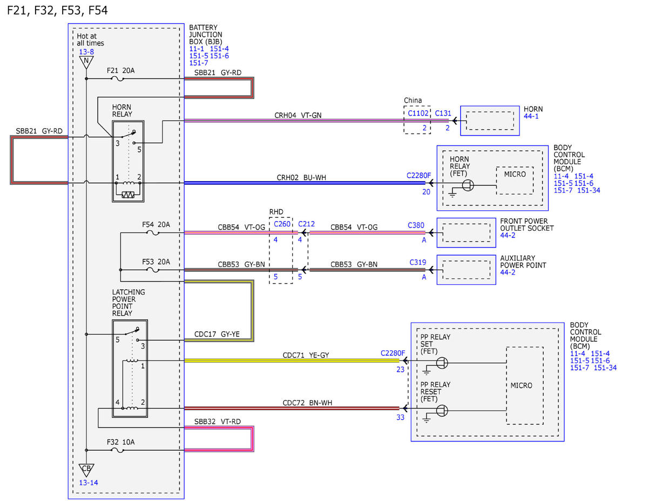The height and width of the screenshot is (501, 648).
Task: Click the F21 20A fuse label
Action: point(120,70)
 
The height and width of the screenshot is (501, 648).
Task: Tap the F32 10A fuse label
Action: point(120,442)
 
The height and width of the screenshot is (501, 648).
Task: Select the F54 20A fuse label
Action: point(156,224)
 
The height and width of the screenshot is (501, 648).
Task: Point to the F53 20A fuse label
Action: point(156,262)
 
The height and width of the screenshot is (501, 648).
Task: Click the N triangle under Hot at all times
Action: point(86,62)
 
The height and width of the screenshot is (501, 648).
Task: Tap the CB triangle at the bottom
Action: point(86,470)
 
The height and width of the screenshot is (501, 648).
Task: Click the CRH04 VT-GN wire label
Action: point(298,115)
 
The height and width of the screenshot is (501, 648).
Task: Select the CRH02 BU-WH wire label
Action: point(301,178)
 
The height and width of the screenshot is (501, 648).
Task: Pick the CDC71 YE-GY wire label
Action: point(306,355)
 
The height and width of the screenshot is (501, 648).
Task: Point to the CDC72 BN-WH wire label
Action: point(307,403)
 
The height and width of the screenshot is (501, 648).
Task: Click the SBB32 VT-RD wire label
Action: point(218,422)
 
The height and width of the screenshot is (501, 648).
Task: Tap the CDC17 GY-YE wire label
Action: point(217,334)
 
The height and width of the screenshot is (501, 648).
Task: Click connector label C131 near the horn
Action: point(443,113)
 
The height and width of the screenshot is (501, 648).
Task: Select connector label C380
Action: point(416,225)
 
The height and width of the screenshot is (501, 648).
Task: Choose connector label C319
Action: point(417,262)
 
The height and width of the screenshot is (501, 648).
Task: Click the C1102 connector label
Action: point(418,113)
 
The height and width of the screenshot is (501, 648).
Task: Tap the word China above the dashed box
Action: point(413,101)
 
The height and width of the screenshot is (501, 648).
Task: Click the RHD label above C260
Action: point(276,212)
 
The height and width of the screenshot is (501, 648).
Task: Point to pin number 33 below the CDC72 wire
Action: point(400,417)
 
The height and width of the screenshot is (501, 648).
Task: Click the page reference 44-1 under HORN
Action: point(531,116)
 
